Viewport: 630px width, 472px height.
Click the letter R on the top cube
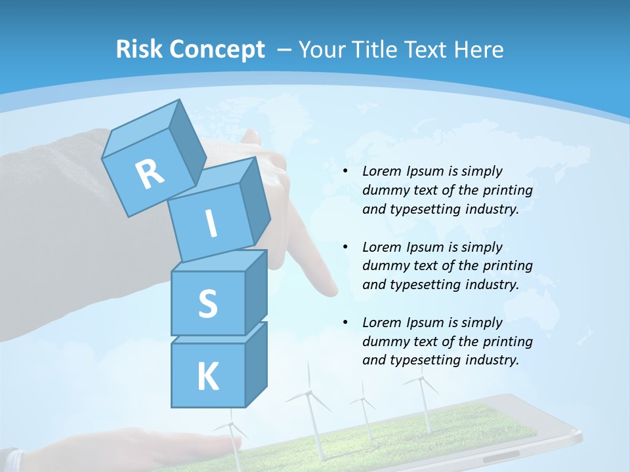point(150,174)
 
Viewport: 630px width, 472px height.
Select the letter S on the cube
point(207,304)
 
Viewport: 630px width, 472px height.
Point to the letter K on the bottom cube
point(207,377)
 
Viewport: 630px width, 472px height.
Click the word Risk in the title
point(140,49)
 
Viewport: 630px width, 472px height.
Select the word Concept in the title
point(217,50)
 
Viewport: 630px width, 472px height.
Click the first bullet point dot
point(345,172)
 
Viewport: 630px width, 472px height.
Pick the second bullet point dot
point(345,247)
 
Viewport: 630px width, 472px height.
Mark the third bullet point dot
point(345,323)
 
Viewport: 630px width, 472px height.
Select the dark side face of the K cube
point(257,364)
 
